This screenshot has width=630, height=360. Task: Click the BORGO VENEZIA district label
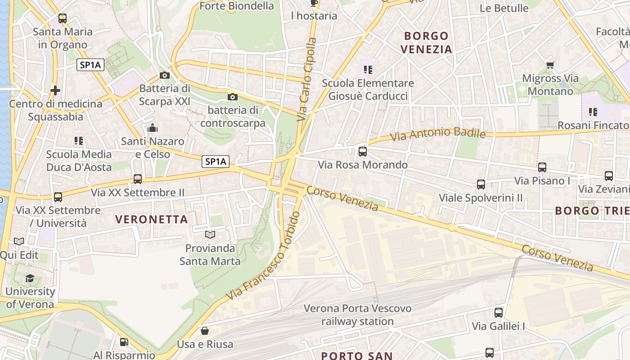pos(427,42)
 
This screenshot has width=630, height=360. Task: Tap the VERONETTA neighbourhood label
pos(151,219)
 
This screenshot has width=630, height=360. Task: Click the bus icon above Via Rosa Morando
pos(363,152)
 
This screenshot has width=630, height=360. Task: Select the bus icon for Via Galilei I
pos(498,313)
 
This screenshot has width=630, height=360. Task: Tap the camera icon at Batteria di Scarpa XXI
pos(165,75)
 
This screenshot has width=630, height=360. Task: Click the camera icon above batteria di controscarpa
pos(233,97)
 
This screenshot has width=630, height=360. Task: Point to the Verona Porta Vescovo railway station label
pos(357,315)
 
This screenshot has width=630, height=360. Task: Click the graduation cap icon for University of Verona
pos(30,278)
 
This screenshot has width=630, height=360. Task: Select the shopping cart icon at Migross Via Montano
pos(550,65)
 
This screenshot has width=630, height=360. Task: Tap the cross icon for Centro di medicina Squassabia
pos(55,90)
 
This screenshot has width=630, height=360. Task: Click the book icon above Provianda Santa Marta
pos(210,234)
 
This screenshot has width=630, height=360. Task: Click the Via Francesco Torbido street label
pos(264,256)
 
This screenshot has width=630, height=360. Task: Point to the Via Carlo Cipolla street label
pos(307,79)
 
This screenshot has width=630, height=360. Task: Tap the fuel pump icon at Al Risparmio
pos(124,342)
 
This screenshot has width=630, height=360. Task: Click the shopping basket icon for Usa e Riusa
pos(205,331)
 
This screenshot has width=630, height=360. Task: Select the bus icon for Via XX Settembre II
pos(138,179)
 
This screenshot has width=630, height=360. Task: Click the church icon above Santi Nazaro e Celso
pos(153,128)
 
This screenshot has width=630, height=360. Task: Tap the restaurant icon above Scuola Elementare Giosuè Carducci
pos(368,70)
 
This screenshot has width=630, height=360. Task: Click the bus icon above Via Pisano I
pos(542,167)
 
